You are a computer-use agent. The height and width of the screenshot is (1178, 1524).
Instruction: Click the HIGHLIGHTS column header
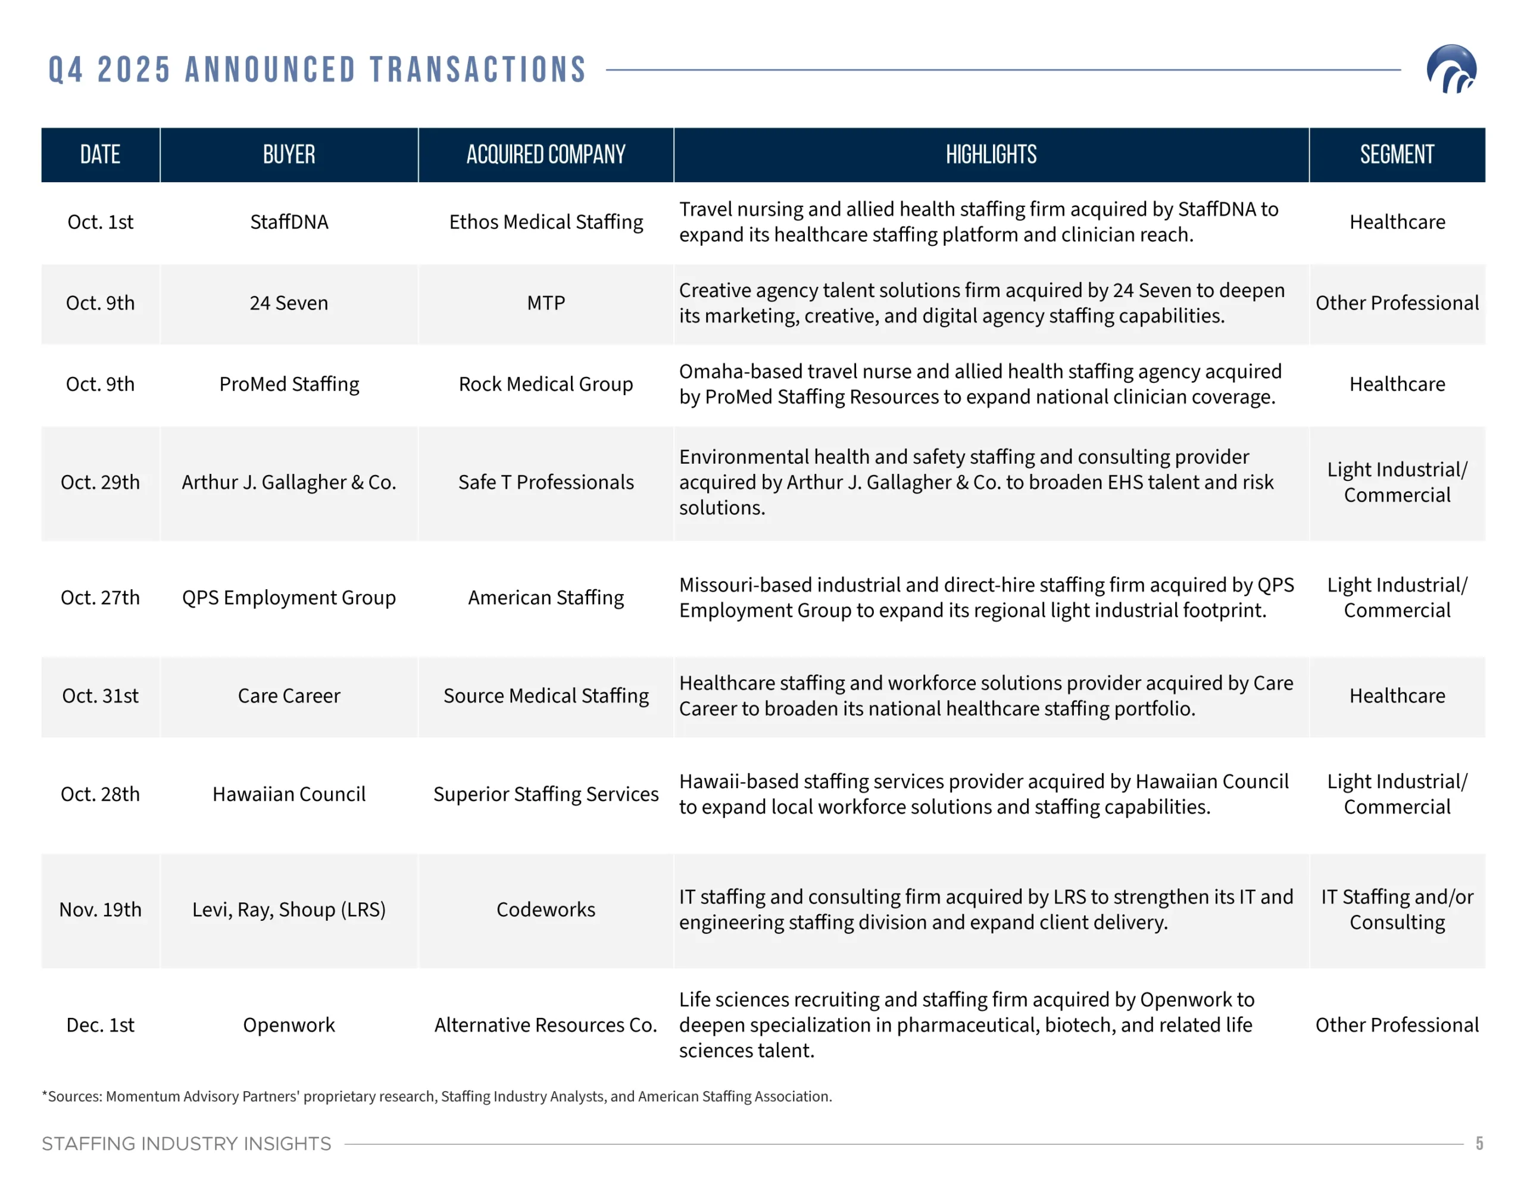click(x=991, y=154)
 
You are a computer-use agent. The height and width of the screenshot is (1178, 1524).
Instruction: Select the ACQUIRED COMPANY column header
click(x=546, y=154)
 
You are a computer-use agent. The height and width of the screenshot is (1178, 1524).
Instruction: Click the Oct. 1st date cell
click(x=101, y=222)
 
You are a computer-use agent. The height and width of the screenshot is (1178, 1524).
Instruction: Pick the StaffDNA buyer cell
click(x=289, y=222)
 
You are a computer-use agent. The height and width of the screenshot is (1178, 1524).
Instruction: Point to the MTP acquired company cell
click(x=546, y=303)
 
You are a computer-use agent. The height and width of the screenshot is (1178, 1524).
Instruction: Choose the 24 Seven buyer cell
click(x=289, y=303)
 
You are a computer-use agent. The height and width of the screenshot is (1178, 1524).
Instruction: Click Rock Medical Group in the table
click(x=546, y=384)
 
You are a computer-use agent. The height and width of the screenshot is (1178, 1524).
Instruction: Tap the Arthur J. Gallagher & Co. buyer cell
click(x=289, y=482)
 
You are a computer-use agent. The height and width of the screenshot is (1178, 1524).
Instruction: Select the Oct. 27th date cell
click(x=101, y=598)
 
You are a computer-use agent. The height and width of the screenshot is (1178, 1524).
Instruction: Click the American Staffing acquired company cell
click(x=546, y=598)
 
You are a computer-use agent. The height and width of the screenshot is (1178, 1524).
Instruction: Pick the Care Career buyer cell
click(x=289, y=696)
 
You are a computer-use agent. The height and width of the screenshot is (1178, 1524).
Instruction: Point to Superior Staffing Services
click(x=546, y=794)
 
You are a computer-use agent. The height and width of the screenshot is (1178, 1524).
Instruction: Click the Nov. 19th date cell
click(x=101, y=910)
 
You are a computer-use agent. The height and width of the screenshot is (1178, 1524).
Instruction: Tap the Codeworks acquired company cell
click(x=546, y=910)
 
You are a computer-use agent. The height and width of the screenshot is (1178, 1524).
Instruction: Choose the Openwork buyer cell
click(x=289, y=1024)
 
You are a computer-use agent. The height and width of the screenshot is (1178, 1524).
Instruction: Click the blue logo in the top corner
click(x=1451, y=69)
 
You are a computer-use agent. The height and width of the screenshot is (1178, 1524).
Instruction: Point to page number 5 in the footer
click(x=1479, y=1143)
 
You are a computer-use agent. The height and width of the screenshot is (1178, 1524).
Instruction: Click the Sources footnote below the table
click(x=437, y=1096)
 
